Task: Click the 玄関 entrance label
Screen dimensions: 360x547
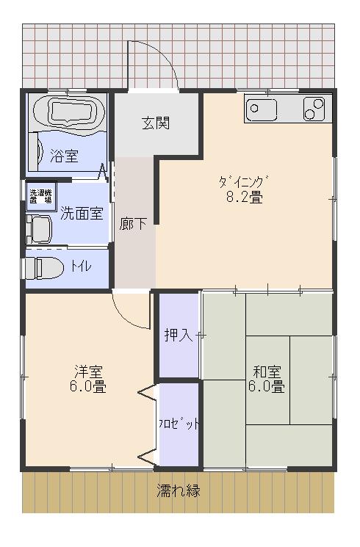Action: (x=156, y=123)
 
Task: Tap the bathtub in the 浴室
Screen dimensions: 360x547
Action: (x=69, y=112)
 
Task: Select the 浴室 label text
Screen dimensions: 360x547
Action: (x=64, y=156)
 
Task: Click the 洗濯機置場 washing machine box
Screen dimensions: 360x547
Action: (x=41, y=196)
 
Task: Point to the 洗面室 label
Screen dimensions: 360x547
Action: (x=82, y=214)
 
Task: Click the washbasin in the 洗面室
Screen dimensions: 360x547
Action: (x=39, y=229)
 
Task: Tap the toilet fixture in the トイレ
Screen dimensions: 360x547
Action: (x=43, y=267)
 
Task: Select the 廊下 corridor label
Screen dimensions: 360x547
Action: (x=133, y=224)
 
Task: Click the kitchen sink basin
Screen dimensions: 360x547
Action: (x=261, y=109)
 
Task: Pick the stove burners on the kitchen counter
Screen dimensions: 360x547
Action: (x=314, y=109)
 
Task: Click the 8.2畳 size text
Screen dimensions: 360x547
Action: (x=245, y=198)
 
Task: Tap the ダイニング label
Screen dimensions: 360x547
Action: (x=244, y=182)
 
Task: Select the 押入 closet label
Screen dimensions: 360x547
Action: (x=179, y=336)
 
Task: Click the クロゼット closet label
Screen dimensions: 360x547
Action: (x=179, y=424)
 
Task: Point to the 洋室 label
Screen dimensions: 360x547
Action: (x=88, y=372)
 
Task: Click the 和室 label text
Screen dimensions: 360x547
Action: (x=267, y=372)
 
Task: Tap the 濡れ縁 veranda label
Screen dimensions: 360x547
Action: (x=179, y=490)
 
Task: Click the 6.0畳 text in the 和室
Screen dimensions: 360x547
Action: (x=267, y=387)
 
